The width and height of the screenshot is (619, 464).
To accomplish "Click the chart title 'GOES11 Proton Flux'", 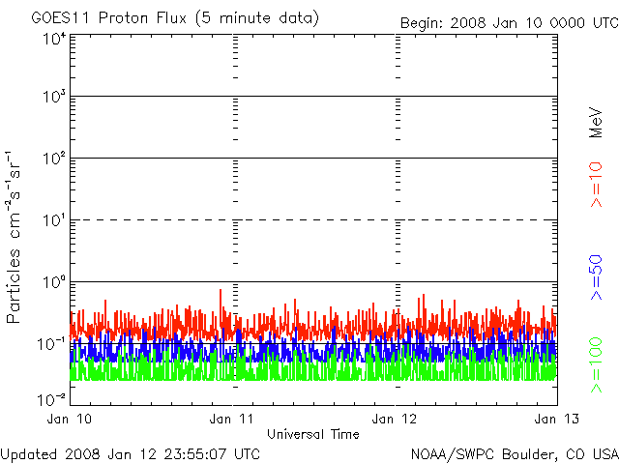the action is (x=108, y=18).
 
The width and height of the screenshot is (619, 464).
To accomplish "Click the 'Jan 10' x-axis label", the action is (x=69, y=419).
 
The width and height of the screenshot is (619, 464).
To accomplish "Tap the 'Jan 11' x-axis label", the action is (x=232, y=419).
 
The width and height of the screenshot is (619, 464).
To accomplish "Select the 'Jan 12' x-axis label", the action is (x=395, y=419).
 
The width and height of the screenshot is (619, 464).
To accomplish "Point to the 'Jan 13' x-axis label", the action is (x=557, y=419).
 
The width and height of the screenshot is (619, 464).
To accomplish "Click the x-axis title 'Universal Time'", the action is (x=313, y=434).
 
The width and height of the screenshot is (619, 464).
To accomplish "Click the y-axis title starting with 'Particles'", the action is (x=13, y=237).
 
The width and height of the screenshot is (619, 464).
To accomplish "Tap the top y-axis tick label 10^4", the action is (x=53, y=39).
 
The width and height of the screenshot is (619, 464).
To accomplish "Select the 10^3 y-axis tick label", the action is (x=53, y=97).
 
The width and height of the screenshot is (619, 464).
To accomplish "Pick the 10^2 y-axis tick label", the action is (x=53, y=159).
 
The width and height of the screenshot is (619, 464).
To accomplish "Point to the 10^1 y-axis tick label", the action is (x=53, y=220).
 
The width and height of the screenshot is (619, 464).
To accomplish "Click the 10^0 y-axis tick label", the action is (x=53, y=282).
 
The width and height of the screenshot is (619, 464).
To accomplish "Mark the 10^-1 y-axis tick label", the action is (x=51, y=344).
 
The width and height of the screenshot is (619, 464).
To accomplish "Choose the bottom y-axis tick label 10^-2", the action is (x=51, y=399).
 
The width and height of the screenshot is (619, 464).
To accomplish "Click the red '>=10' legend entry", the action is (x=597, y=185).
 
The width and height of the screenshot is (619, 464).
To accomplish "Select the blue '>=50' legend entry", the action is (x=597, y=277).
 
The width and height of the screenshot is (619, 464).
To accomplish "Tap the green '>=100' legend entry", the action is (x=597, y=365).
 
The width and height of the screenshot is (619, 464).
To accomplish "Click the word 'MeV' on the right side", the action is (x=596, y=123).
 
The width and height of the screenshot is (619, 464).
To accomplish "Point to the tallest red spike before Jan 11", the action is (x=221, y=290).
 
